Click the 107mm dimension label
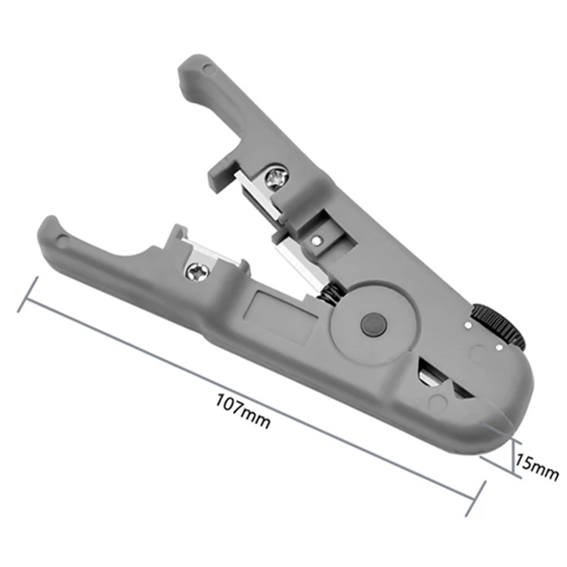click(243, 411)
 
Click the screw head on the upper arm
click(277, 176)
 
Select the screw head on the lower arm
click(197, 272)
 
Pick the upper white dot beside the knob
click(468, 325)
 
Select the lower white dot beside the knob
click(500, 348)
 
